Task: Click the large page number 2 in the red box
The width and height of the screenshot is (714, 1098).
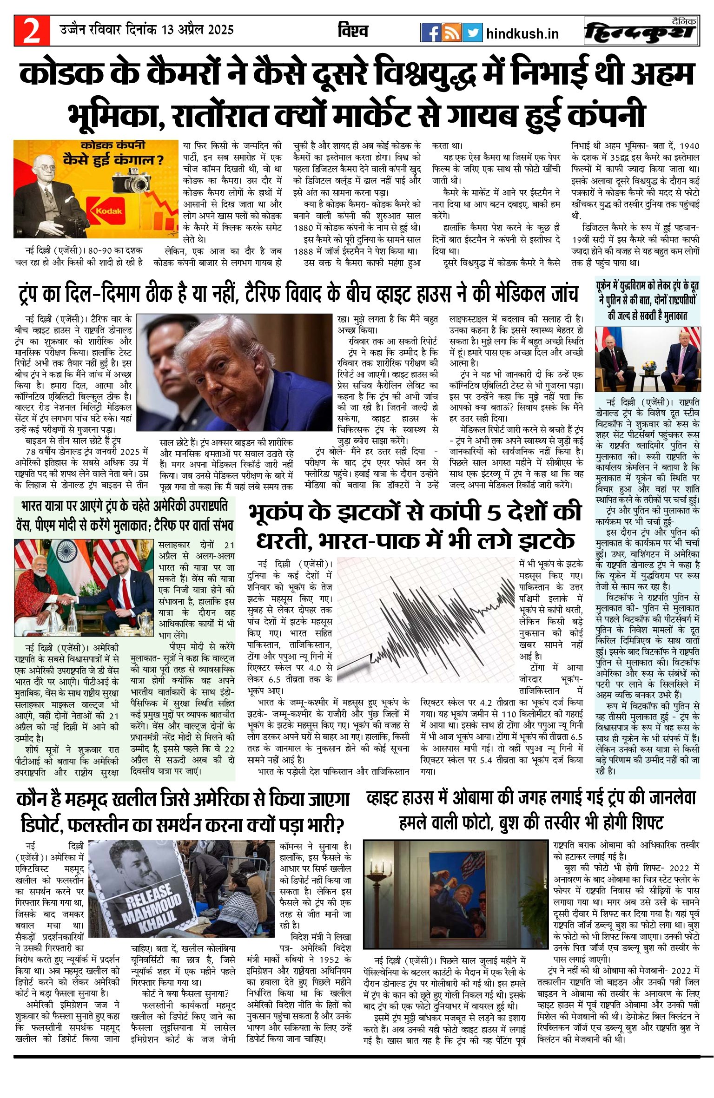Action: tap(32, 31)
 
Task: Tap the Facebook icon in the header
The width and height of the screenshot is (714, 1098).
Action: tap(430, 33)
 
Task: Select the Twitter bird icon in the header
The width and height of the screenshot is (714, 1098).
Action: tap(472, 33)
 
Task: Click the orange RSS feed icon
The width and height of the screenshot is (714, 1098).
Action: tap(451, 33)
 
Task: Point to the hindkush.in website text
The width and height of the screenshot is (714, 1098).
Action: tap(522, 34)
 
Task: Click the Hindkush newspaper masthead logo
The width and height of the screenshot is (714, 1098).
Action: tap(641, 32)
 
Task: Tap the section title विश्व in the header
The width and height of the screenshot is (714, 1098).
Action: tap(353, 31)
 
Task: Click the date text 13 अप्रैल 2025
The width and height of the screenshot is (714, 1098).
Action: tap(197, 30)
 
